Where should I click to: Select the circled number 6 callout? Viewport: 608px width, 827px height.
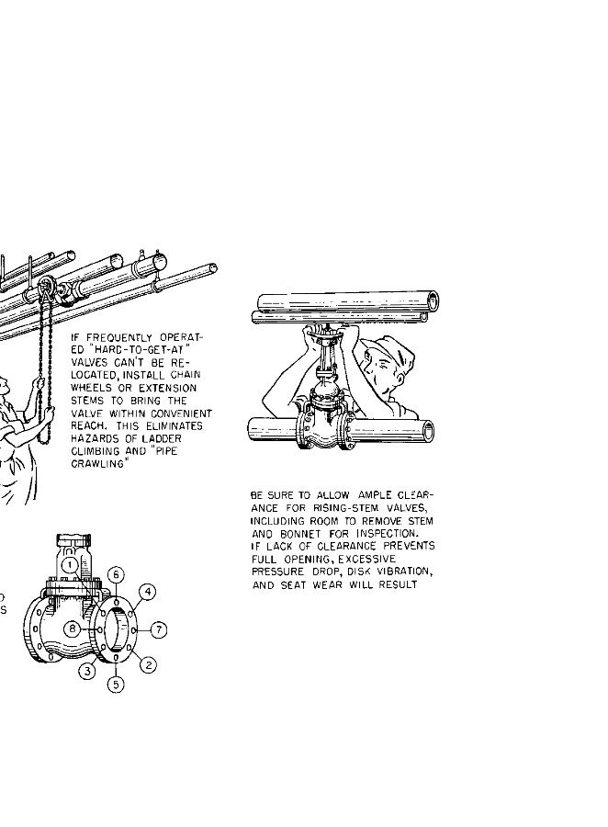tap(116, 574)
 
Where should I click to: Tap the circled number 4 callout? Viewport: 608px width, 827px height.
tap(148, 591)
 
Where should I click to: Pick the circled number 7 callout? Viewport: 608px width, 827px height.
tap(158, 630)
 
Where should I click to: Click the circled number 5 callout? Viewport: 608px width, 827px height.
tap(116, 685)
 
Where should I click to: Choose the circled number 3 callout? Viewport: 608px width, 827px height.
tap(87, 671)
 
